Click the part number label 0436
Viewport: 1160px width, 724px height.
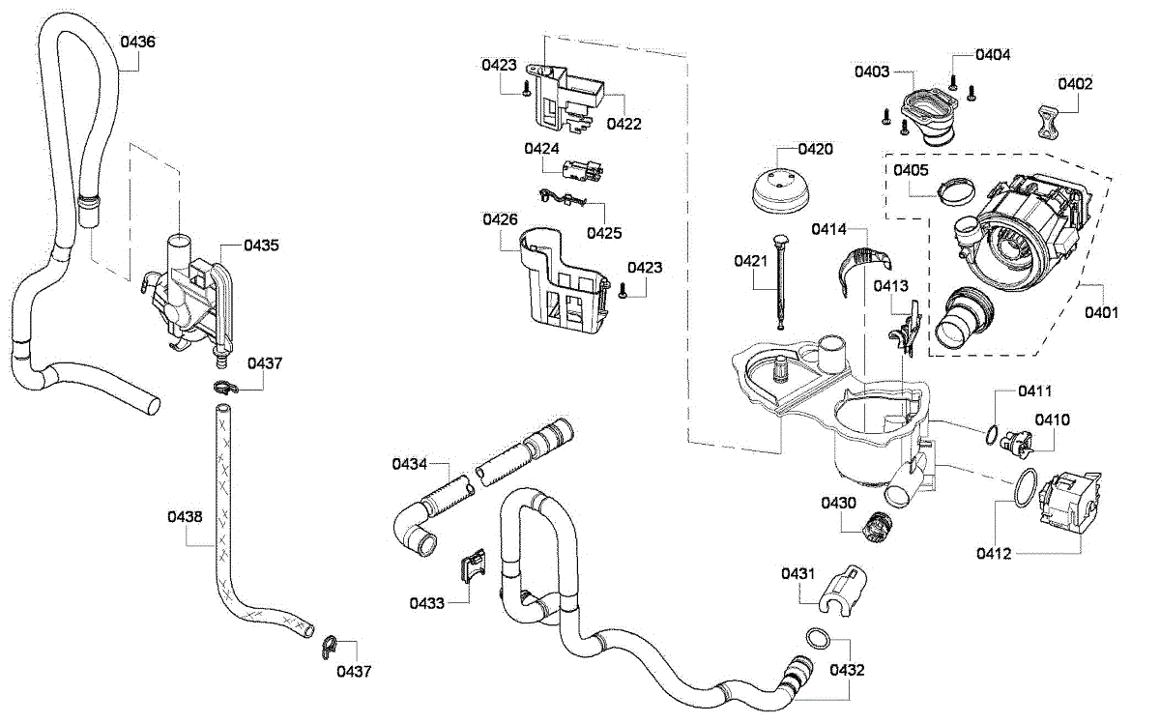click(x=137, y=42)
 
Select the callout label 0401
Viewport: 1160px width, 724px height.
click(x=1101, y=313)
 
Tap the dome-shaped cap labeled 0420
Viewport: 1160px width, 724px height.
click(x=779, y=190)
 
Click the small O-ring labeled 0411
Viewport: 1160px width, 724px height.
click(x=991, y=434)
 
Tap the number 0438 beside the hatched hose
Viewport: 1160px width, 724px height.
click(x=185, y=517)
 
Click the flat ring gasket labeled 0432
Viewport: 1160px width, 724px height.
click(x=818, y=639)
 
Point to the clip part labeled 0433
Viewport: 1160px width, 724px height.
click(x=473, y=565)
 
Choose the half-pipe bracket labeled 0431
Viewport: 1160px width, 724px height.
click(x=843, y=591)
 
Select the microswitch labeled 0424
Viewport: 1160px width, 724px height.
click(x=582, y=169)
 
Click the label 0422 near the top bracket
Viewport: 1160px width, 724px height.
click(x=624, y=125)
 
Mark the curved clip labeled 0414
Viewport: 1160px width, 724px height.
click(x=864, y=270)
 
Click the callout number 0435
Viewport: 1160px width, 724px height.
click(x=261, y=246)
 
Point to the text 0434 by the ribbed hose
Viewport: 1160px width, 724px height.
click(x=409, y=464)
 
